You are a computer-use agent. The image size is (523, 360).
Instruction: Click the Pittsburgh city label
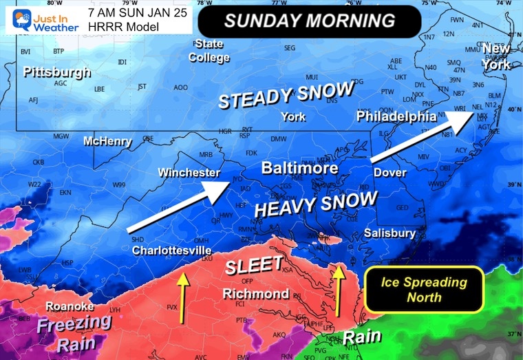tap(56, 72)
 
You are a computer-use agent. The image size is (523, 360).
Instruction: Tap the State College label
tap(209, 51)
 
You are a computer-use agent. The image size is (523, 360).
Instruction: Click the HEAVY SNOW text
tap(316, 204)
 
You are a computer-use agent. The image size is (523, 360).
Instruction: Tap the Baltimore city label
tap(299, 168)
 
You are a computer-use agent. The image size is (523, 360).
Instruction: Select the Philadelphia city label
tap(396, 116)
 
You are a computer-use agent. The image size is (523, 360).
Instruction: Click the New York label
tap(496, 56)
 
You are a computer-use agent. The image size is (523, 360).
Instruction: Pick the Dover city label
tap(390, 172)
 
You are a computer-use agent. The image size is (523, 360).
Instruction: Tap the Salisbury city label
tap(387, 233)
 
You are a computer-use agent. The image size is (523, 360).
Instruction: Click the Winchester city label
tap(189, 172)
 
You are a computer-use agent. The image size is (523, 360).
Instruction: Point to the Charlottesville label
tap(171, 249)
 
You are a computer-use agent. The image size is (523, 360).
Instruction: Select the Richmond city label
tap(256, 294)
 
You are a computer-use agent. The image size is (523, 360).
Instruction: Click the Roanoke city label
tap(65, 306)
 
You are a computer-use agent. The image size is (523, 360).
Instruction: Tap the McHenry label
tap(106, 142)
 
